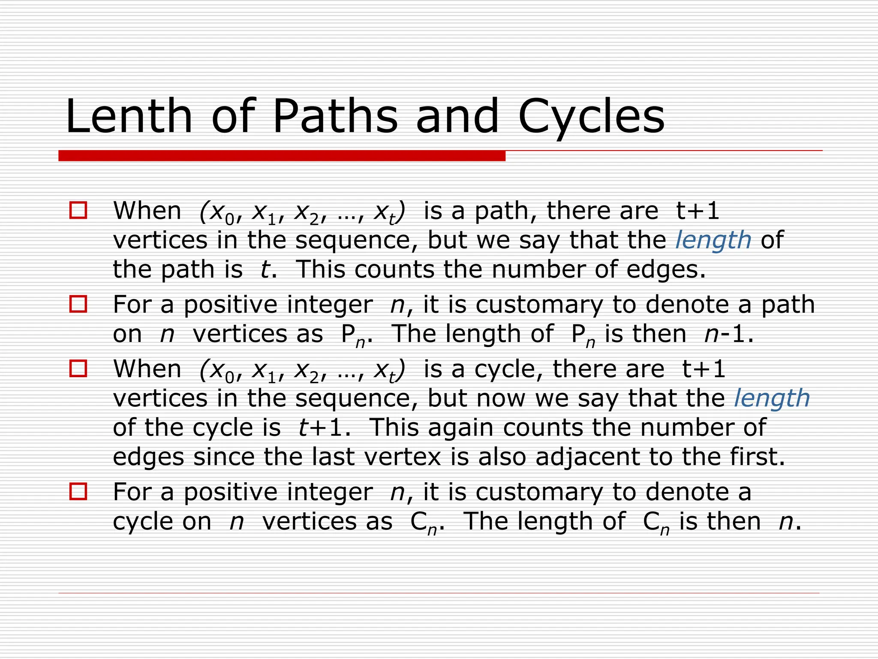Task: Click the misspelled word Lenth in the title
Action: point(129,117)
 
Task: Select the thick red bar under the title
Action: point(282,156)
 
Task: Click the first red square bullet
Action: point(78,211)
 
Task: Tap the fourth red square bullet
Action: point(78,492)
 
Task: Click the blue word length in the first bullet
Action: point(713,240)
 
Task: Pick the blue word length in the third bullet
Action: point(772,399)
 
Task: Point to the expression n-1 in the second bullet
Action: point(728,334)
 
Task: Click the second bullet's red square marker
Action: point(78,304)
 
